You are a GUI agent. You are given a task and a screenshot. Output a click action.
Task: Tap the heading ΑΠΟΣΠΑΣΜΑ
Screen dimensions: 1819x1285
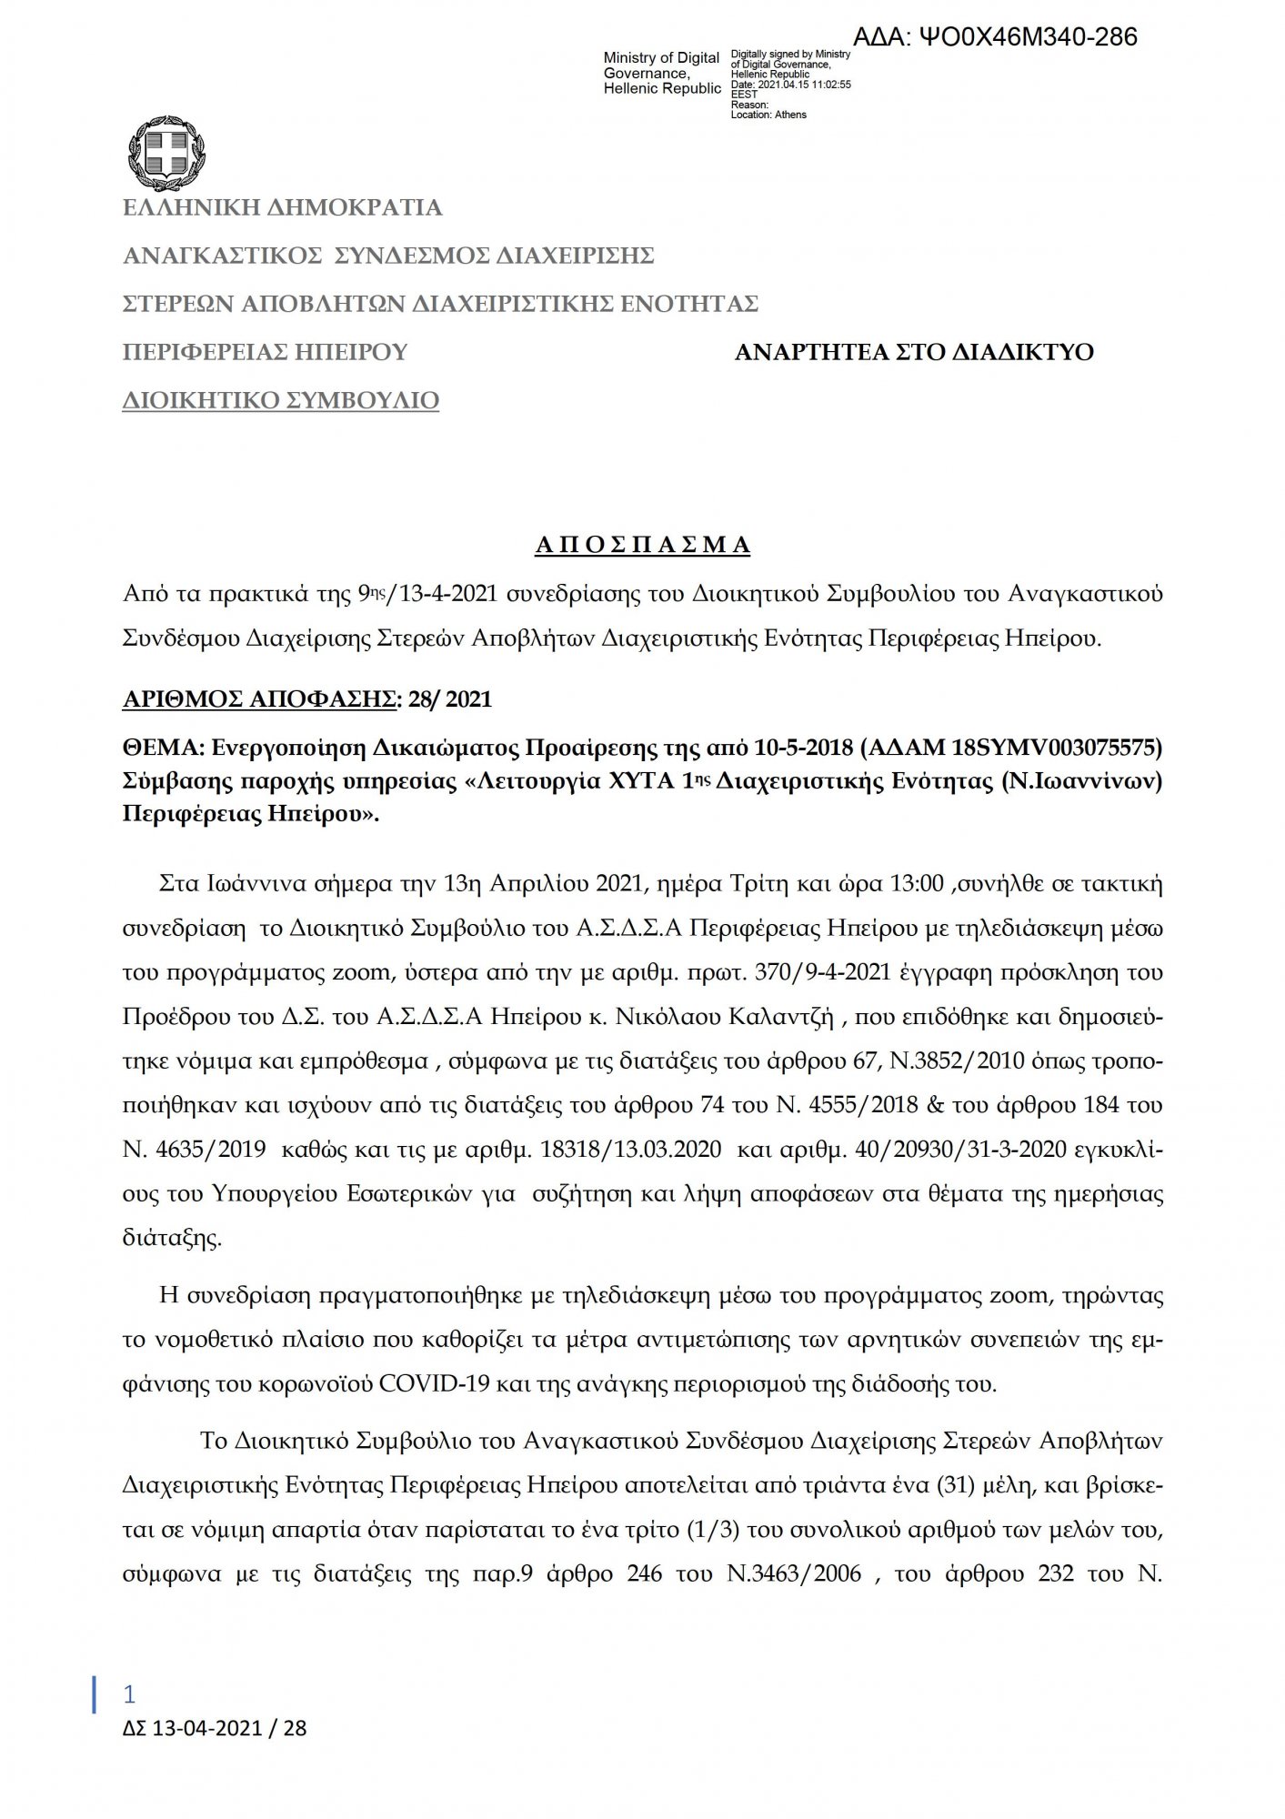(x=642, y=545)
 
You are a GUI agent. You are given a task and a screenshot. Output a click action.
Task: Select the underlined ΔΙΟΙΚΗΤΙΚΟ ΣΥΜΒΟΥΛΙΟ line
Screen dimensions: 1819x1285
(x=281, y=400)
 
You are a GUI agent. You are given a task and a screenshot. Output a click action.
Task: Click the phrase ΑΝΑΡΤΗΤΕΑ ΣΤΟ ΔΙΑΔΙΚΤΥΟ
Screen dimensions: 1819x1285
(x=914, y=352)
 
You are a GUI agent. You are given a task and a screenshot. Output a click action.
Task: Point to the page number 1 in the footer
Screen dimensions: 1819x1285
(x=129, y=1693)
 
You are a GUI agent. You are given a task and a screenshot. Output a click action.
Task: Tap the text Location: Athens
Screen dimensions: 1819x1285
(x=768, y=115)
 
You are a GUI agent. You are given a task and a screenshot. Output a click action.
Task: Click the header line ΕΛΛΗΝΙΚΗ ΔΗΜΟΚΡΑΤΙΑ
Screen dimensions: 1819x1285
(x=282, y=207)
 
